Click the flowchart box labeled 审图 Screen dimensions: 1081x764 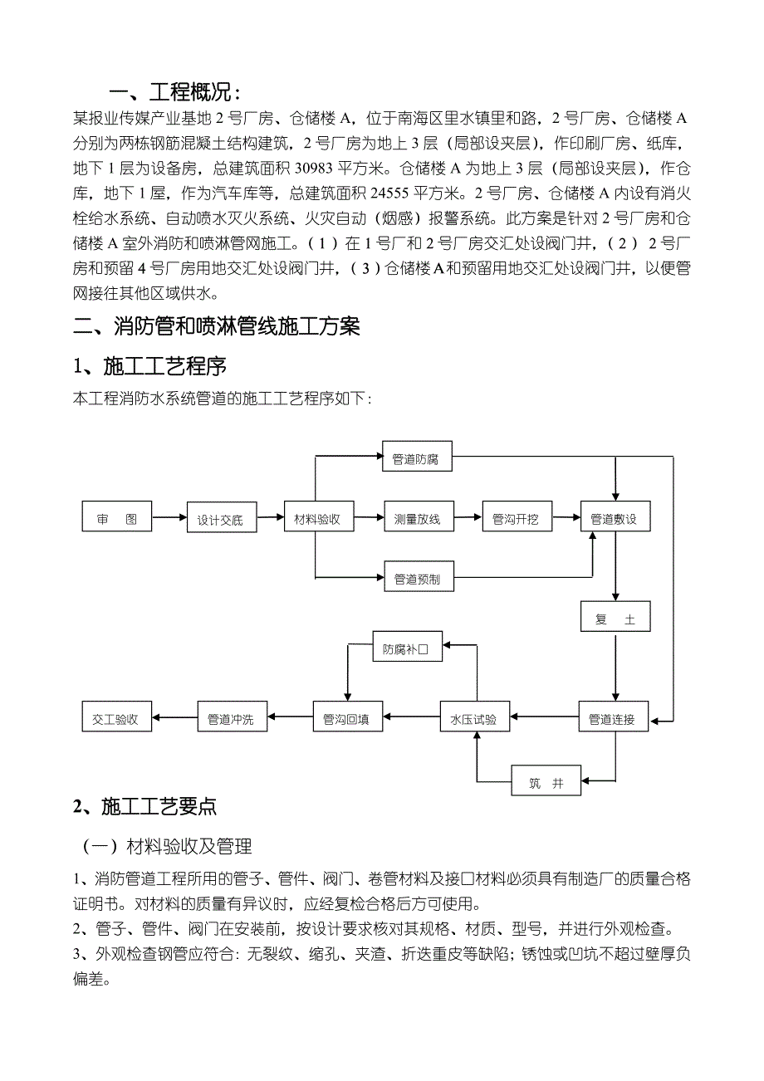[117, 520]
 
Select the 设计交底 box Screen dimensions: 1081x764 [220, 521]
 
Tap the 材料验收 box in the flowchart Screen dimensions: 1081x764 [317, 520]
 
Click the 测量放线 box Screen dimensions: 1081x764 [418, 520]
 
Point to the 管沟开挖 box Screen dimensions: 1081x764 [516, 520]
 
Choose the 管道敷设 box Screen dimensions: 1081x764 [614, 520]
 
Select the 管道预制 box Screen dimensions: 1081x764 [418, 577]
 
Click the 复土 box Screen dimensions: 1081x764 [615, 619]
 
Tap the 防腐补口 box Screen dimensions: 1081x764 [406, 648]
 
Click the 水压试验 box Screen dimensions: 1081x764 [474, 719]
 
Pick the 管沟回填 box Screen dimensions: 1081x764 [347, 719]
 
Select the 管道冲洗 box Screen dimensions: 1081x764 [232, 719]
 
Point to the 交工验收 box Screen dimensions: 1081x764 [116, 719]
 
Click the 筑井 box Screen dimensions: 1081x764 [546, 782]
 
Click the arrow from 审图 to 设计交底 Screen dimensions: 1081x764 [169, 520]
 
